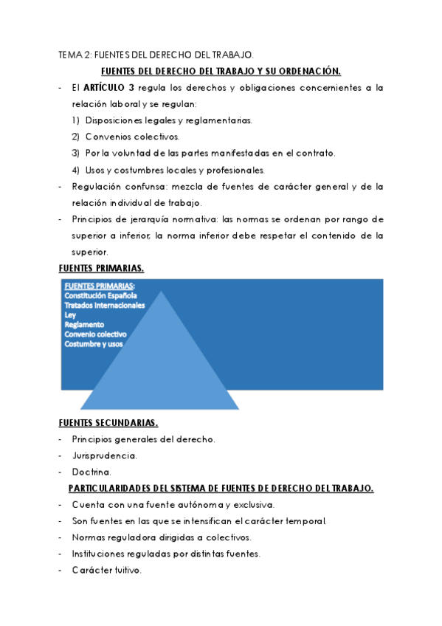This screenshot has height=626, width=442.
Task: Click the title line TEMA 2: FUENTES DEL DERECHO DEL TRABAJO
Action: click(156, 55)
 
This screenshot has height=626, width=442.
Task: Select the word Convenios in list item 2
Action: click(106, 137)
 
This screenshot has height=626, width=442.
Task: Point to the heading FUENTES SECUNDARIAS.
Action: click(108, 423)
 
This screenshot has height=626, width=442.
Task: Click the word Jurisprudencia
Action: click(105, 455)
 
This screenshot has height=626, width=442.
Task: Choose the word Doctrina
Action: click(91, 472)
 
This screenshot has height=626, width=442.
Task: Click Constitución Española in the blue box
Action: click(100, 295)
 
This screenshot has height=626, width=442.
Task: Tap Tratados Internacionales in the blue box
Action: click(104, 305)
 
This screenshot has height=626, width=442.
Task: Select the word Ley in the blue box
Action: click(70, 314)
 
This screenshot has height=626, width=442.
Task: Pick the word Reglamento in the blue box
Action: click(84, 324)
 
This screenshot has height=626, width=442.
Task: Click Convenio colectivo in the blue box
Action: click(95, 334)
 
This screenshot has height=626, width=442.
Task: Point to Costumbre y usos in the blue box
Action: click(94, 343)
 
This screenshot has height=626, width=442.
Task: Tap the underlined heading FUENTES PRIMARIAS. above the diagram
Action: click(101, 267)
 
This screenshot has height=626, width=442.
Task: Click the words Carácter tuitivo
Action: click(106, 571)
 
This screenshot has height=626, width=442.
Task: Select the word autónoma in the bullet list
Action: click(188, 505)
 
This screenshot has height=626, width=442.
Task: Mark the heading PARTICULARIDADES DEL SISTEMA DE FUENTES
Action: click(221, 488)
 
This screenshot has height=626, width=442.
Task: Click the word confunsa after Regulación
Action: click(138, 186)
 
